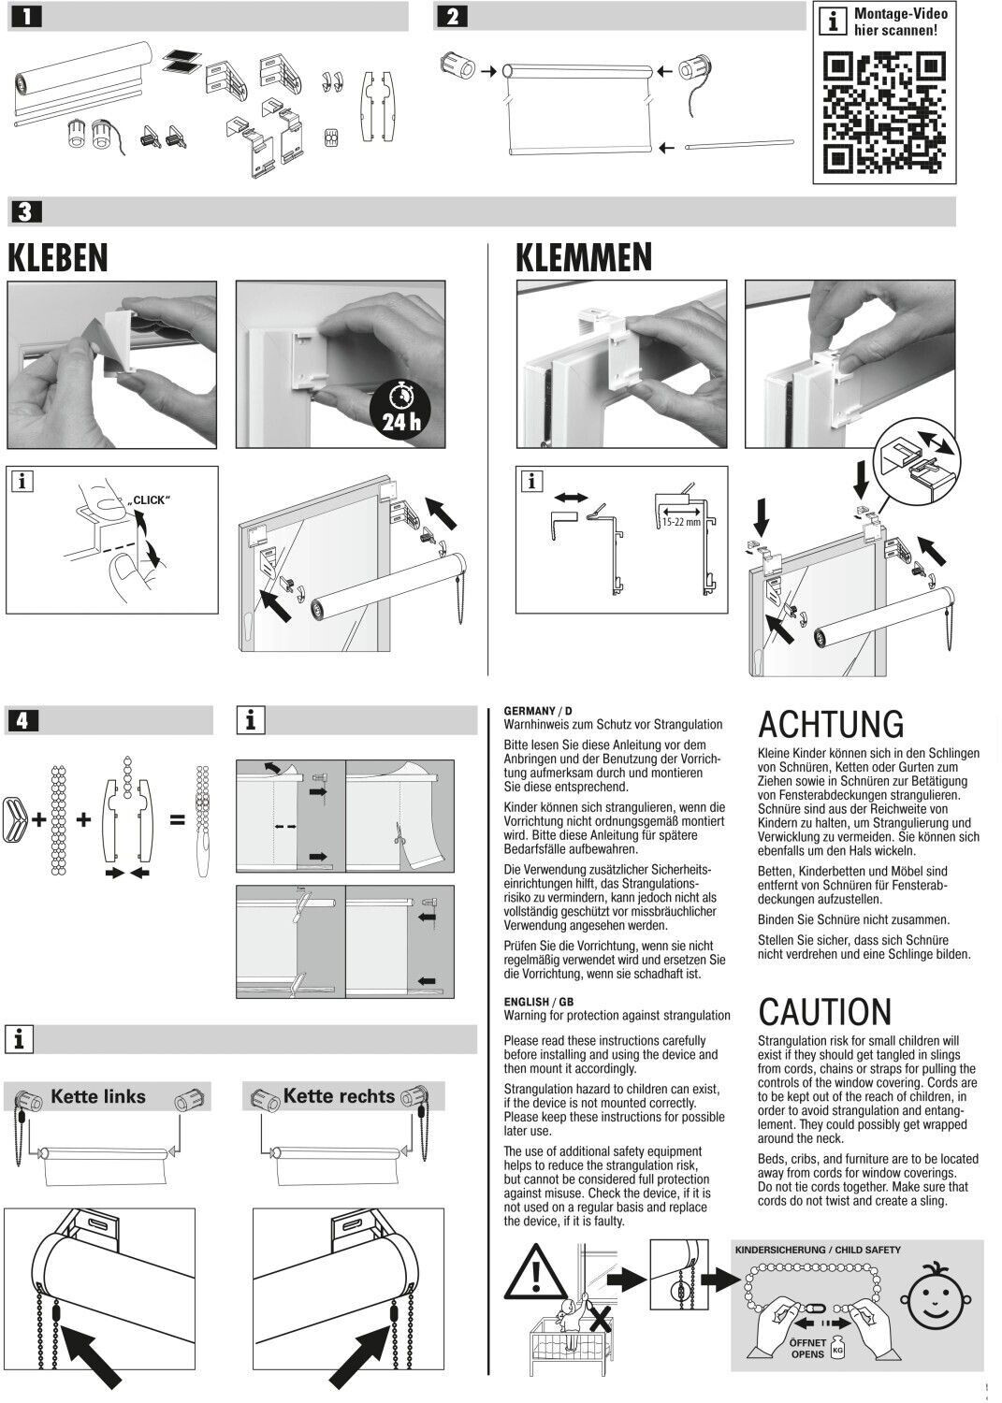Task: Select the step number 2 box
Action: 453,17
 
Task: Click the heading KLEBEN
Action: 58,258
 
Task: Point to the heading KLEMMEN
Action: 584,258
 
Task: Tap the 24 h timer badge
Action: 399,412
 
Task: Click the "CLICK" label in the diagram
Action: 149,500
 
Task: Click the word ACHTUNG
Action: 831,725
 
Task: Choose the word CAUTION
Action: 825,1012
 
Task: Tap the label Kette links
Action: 98,1096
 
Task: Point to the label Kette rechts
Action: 339,1096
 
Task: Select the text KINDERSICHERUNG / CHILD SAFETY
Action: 818,1250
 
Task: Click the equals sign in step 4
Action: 177,820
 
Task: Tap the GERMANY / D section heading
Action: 538,712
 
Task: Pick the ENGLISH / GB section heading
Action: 538,1002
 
